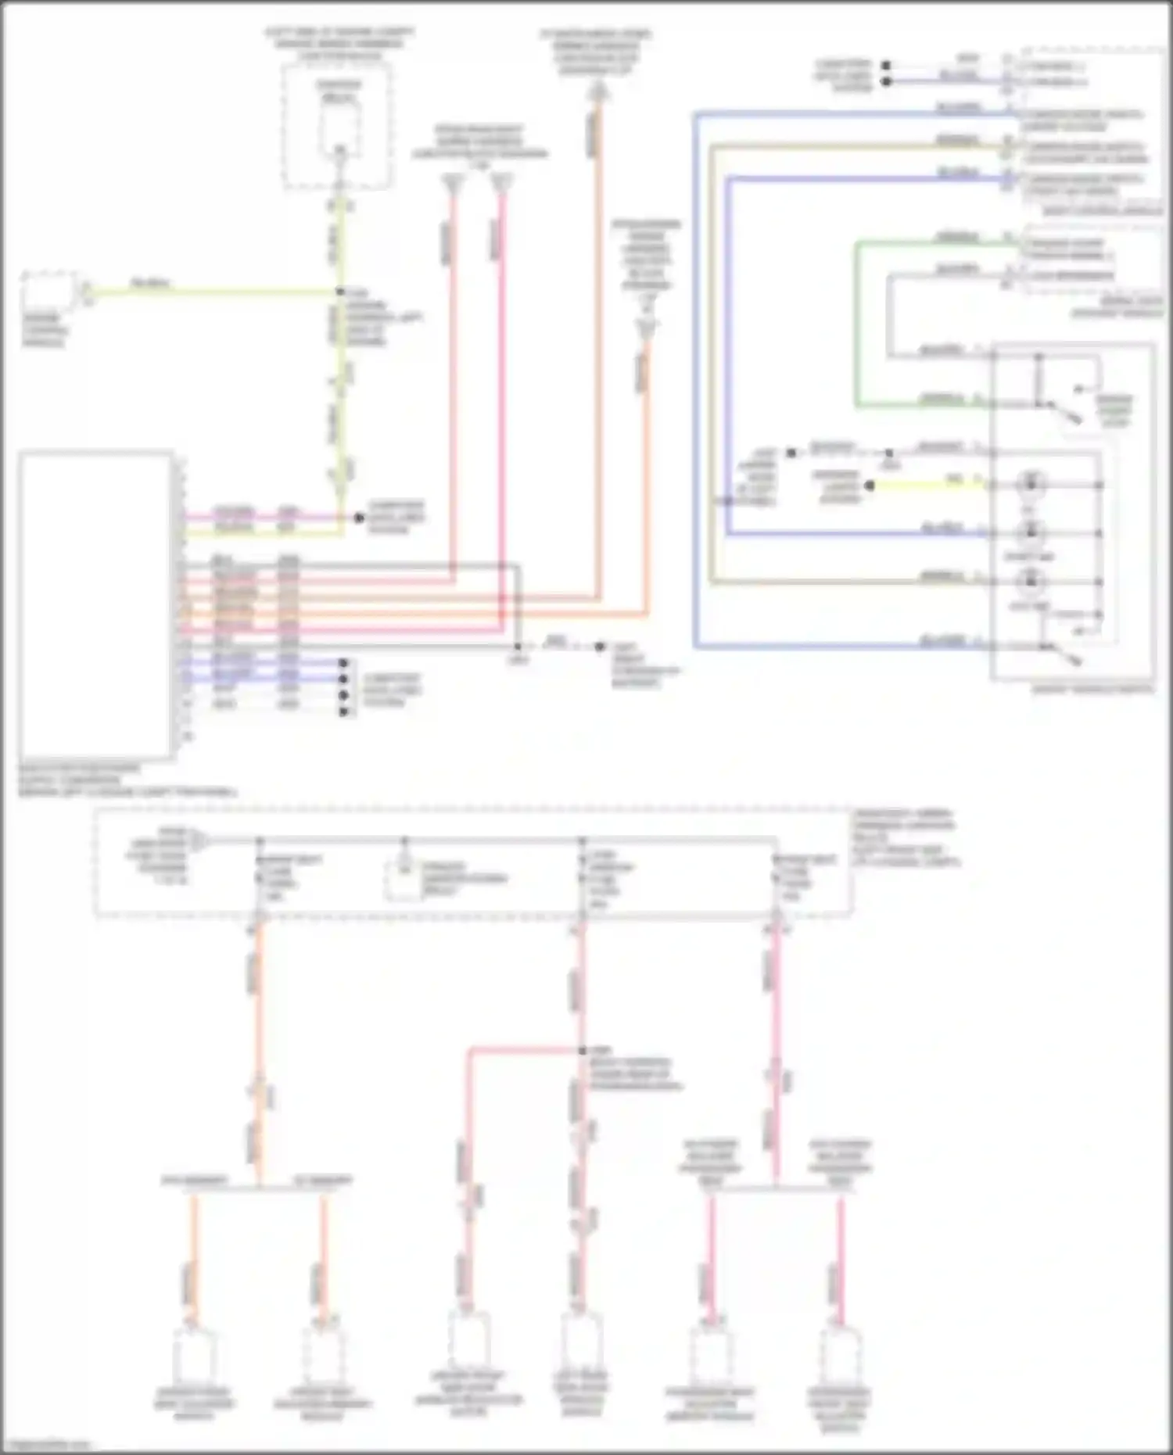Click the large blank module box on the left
[95, 604]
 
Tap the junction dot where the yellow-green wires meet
[340, 292]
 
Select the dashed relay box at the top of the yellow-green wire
[338, 125]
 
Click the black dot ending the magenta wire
[360, 518]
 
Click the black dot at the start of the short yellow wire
[870, 486]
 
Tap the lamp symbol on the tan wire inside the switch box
[1030, 581]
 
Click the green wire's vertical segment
[856, 324]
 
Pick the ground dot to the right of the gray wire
[600, 647]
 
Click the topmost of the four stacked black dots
[343, 663]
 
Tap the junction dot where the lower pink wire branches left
[582, 1050]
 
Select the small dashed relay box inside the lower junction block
[404, 880]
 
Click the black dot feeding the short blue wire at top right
[886, 81]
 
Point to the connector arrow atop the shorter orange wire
[646, 328]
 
